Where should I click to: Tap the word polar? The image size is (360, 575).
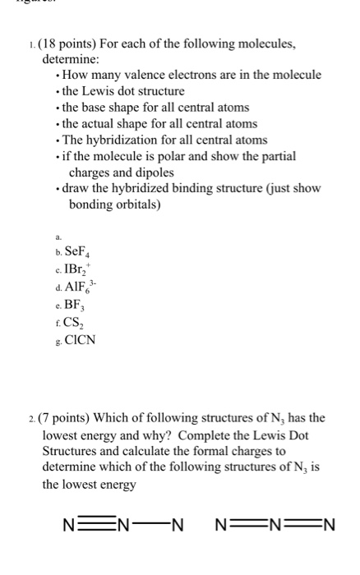point(178,156)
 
